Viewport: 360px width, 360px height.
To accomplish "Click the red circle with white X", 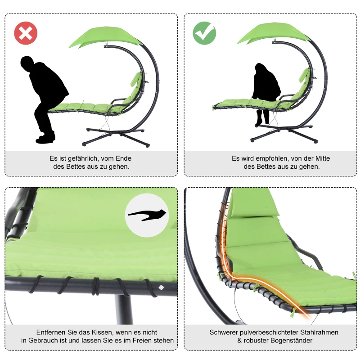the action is pyautogui.click(x=26, y=33).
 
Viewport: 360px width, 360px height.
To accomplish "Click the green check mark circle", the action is pyautogui.click(x=204, y=33).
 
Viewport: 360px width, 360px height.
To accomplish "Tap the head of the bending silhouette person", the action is pyautogui.click(x=27, y=63).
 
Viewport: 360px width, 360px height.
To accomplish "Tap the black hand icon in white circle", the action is pyautogui.click(x=147, y=215).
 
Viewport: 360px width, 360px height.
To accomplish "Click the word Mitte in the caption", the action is pyautogui.click(x=323, y=158).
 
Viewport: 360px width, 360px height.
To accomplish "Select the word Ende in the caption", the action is pyautogui.click(x=123, y=158).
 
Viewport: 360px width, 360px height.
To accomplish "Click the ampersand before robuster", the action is pyautogui.click(x=240, y=340).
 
